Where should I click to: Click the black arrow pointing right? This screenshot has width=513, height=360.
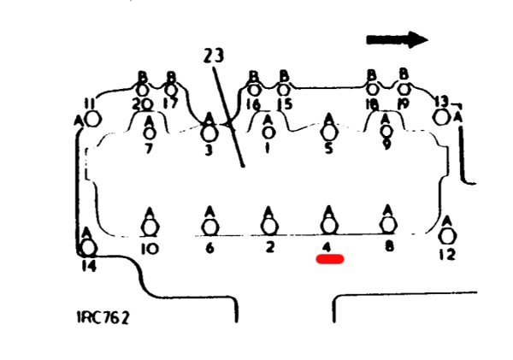click(397, 39)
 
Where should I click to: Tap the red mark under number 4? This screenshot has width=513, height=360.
click(329, 259)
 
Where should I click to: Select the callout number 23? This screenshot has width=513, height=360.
click(215, 56)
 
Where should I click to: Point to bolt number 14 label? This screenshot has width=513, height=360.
click(88, 266)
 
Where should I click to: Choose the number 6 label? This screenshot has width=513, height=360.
click(209, 248)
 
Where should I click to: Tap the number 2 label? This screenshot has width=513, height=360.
click(269, 248)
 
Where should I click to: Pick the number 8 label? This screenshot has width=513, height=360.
click(388, 248)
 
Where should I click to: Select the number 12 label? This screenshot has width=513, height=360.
click(445, 254)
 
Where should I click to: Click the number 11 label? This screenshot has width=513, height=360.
click(89, 104)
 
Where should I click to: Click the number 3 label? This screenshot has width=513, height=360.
click(209, 150)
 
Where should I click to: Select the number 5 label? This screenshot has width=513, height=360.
click(329, 146)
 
